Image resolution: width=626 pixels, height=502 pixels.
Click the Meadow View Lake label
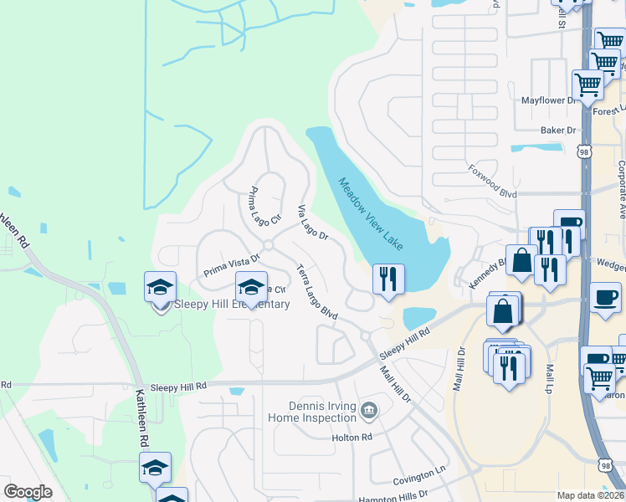[371, 213]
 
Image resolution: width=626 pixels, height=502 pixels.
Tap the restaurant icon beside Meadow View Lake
[388, 279]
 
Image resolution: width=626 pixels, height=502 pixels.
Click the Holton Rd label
[351, 438]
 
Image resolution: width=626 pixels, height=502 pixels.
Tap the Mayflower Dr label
[550, 100]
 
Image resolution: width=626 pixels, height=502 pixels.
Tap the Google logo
[28, 492]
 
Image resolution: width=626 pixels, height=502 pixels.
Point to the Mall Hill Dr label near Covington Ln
[395, 384]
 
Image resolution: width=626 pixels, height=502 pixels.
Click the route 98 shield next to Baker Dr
[583, 151]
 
